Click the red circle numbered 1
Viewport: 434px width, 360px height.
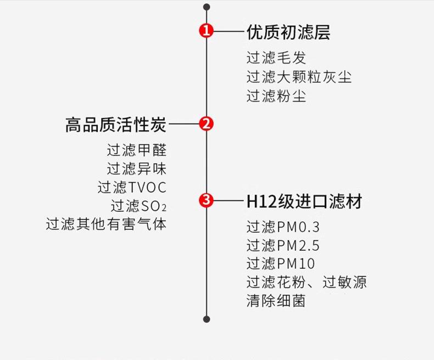pos(207,31)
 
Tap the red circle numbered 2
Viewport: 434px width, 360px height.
pos(207,124)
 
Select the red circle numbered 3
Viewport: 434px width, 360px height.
pos(207,200)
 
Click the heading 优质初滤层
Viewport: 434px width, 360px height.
pos(288,32)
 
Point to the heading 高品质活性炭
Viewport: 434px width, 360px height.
pos(115,125)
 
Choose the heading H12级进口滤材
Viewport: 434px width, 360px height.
pos(303,201)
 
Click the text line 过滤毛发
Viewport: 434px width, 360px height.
pos(276,58)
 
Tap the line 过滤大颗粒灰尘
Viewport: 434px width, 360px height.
pos(298,77)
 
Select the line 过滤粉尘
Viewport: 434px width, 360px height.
pos(276,96)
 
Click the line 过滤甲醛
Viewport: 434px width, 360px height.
pos(136,150)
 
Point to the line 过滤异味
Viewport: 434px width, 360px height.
pos(136,168)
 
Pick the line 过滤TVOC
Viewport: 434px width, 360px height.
pos(132,187)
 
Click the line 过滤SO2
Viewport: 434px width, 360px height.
pos(138,206)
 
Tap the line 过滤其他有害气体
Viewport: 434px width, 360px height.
pos(106,224)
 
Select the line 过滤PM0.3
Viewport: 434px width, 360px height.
pos(283,227)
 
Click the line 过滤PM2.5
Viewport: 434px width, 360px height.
pos(283,245)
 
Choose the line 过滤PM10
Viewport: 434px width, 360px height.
pos(280,263)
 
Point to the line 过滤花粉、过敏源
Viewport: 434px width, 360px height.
pos(306,282)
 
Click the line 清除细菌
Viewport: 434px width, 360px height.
pos(276,301)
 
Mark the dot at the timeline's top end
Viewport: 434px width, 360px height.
pos(207,7)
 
